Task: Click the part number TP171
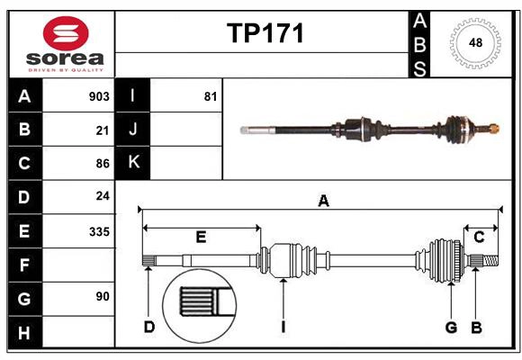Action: [265, 34]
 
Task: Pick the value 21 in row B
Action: [102, 130]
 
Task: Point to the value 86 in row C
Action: [102, 163]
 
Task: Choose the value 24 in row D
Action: [102, 196]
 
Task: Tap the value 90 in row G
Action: [102, 295]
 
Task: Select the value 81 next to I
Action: [210, 96]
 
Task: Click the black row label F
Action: [24, 265]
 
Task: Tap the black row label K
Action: [133, 163]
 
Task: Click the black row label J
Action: [133, 130]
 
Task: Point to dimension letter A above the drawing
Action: [323, 202]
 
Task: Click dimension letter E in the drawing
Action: [201, 237]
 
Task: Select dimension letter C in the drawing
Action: [480, 237]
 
